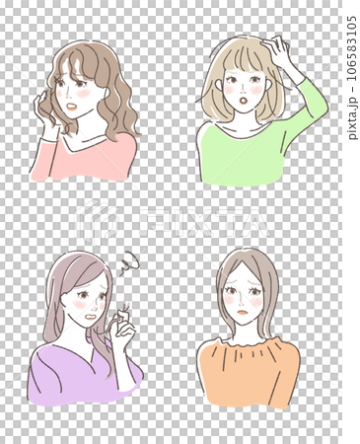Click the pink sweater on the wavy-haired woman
click(94, 161)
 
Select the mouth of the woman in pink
click(69, 106)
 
